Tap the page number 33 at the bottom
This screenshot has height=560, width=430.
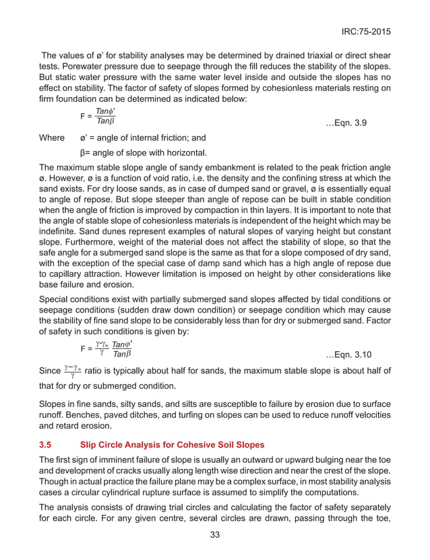tap(216, 536)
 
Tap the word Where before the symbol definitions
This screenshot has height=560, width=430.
tap(52, 137)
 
